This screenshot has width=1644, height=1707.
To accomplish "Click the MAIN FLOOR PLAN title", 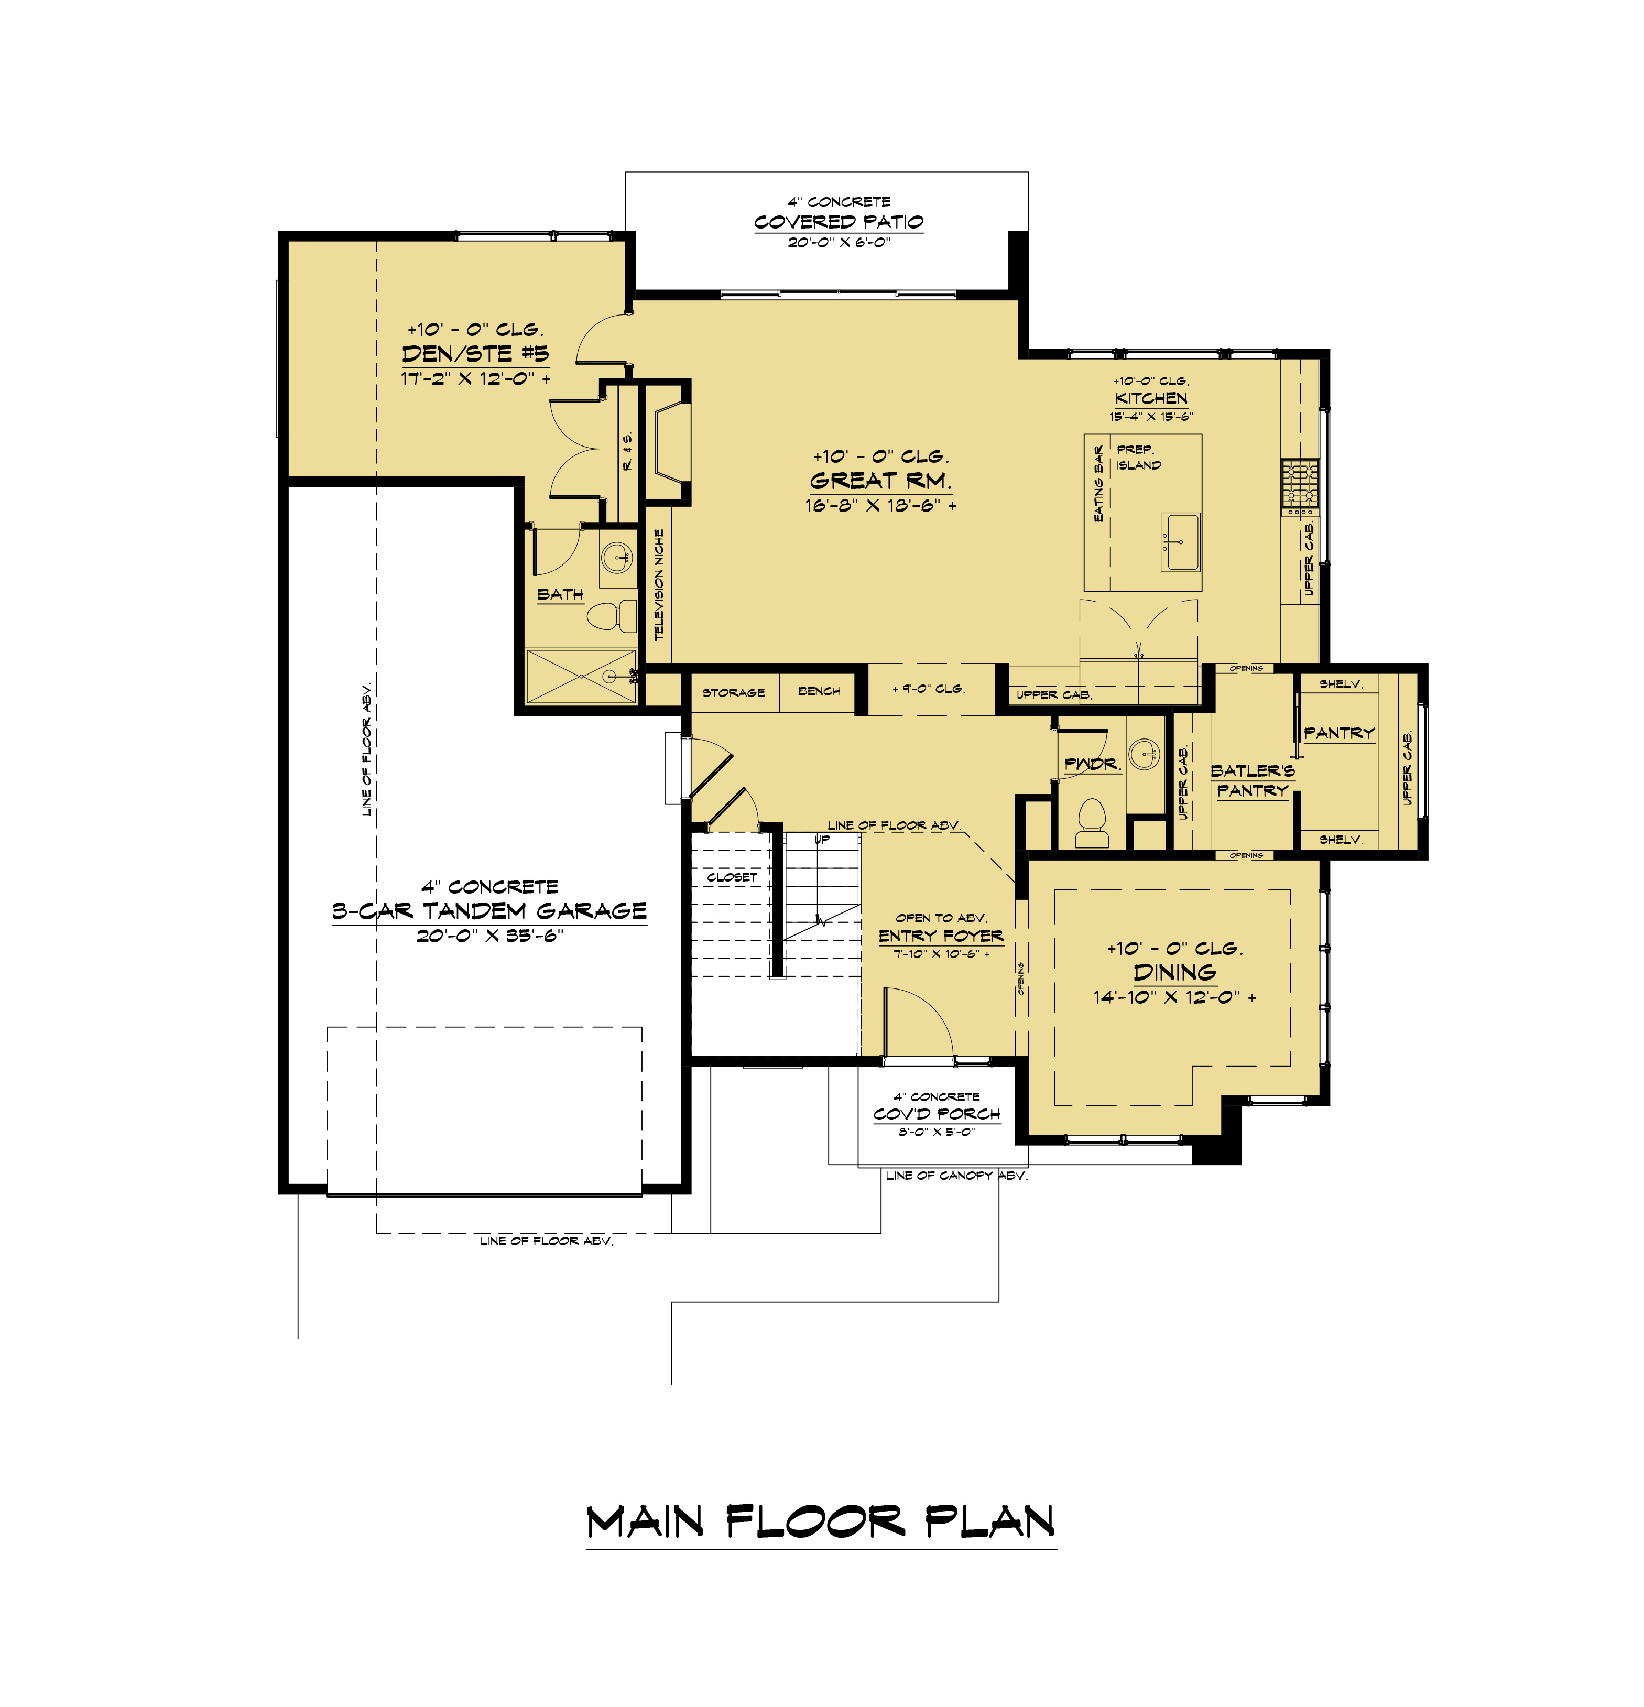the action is [x=821, y=1521].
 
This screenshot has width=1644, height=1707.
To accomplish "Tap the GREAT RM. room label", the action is [x=880, y=480].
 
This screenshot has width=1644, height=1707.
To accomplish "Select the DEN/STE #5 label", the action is [x=475, y=354].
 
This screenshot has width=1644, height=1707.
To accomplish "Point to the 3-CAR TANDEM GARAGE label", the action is [x=489, y=911].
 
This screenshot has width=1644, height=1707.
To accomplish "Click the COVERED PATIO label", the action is [x=839, y=221].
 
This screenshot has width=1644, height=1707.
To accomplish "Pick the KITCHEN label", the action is [x=1151, y=398].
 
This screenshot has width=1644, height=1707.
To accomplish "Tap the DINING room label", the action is [x=1174, y=972].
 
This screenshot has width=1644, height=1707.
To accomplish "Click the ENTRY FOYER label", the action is [x=940, y=936].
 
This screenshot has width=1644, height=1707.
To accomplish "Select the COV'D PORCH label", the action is [x=937, y=1114].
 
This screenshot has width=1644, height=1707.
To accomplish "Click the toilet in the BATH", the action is [x=611, y=617].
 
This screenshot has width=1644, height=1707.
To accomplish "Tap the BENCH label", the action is [x=819, y=691].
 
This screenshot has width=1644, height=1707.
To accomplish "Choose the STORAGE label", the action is [x=733, y=692].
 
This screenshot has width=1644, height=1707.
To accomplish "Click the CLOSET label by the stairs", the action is [x=732, y=877].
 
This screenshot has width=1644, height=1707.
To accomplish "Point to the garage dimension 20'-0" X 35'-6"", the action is [x=490, y=936].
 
